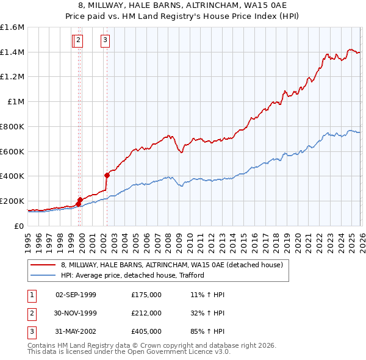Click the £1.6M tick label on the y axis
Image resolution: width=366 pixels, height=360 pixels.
click(x=12, y=27)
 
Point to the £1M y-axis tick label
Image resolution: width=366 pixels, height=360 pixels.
click(x=15, y=102)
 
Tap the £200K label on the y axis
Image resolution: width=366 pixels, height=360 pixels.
click(x=12, y=201)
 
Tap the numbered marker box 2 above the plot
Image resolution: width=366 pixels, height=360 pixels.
click(x=79, y=41)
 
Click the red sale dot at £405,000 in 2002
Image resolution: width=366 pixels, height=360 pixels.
click(x=107, y=175)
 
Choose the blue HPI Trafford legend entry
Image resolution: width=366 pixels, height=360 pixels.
click(x=132, y=275)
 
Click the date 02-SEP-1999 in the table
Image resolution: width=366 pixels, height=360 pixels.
click(x=76, y=295)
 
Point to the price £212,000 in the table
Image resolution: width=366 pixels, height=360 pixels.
click(x=146, y=313)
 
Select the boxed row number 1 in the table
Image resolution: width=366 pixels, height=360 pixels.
click(x=31, y=295)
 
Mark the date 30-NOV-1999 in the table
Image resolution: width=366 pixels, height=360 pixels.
click(x=76, y=313)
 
